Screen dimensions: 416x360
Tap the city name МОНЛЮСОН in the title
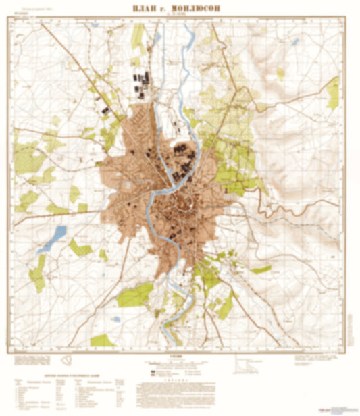200,9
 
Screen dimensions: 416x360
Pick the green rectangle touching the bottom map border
102,340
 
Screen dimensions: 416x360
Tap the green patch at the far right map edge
333,93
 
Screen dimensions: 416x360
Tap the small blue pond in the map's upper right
294,41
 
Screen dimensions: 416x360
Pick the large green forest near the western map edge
28,157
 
